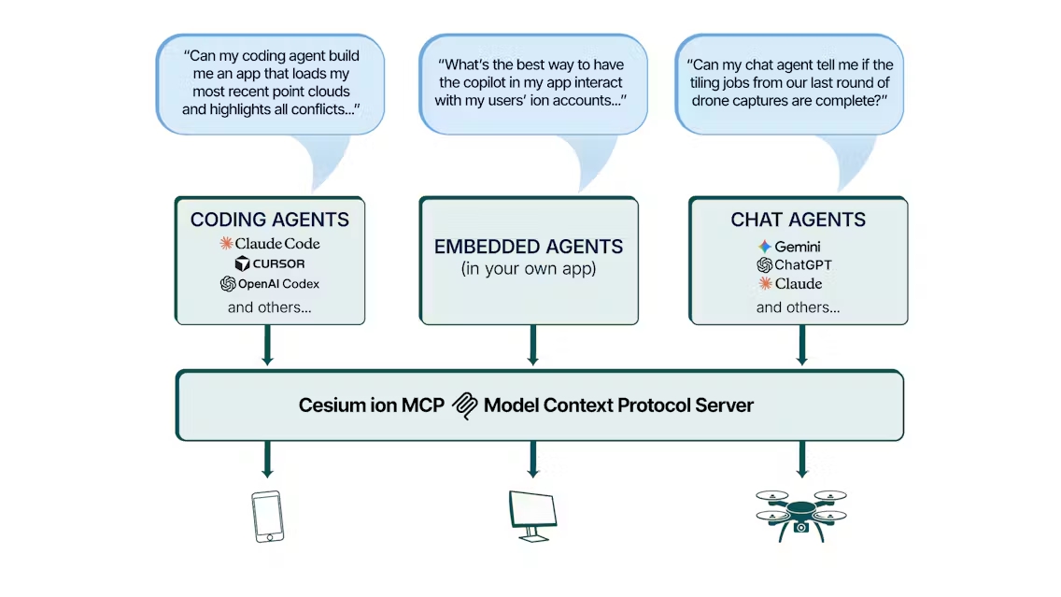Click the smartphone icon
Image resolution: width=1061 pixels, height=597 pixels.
coord(267,517)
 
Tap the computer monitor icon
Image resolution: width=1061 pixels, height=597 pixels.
coord(533,516)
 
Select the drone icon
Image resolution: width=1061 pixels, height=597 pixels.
coord(801,516)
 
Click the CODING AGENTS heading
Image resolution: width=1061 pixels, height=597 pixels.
coord(269,220)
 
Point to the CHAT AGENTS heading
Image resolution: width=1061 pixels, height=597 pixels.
coord(798,220)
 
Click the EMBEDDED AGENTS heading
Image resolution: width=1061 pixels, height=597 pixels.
coord(529,247)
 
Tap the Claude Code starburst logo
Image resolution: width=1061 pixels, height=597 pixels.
coord(226,243)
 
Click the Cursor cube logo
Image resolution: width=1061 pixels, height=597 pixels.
coord(242,263)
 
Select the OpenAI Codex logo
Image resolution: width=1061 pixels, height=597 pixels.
coord(228,284)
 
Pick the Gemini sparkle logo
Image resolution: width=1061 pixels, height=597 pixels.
coord(765,247)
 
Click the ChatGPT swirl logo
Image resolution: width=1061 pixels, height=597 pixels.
coord(765,264)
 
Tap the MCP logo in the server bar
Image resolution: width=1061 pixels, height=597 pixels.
coord(465,405)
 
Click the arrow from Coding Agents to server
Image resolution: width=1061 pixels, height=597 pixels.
coord(267,345)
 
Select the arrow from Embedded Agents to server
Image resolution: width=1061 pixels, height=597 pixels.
coord(533,345)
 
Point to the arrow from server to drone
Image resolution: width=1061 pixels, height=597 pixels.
coord(802,459)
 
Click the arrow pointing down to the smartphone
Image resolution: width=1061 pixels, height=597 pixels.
coord(267,459)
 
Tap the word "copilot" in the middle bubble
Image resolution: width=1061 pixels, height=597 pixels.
coord(488,82)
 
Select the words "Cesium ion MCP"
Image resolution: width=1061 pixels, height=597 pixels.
coord(372,405)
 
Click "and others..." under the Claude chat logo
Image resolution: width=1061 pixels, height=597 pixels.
coord(798,307)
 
